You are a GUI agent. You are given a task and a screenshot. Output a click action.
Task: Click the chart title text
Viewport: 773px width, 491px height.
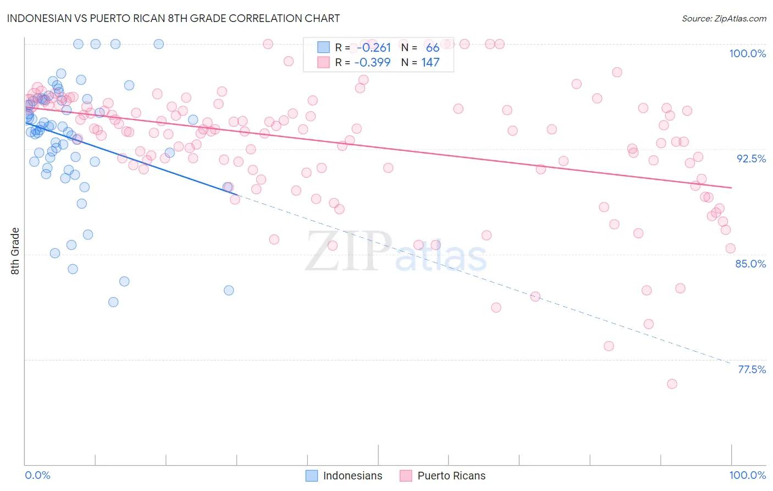pyautogui.click(x=173, y=18)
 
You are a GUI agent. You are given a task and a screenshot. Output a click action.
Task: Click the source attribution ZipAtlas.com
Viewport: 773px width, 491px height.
pyautogui.click(x=724, y=18)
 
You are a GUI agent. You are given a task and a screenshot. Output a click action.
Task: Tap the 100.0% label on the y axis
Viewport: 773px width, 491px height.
pyautogui.click(x=747, y=53)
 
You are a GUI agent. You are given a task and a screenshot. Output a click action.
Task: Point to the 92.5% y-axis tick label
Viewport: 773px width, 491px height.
pyautogui.click(x=751, y=159)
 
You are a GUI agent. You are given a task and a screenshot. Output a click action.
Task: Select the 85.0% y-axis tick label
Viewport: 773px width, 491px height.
pyautogui.click(x=750, y=264)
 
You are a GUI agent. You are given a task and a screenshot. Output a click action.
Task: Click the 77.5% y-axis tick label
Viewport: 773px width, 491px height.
pyautogui.click(x=752, y=369)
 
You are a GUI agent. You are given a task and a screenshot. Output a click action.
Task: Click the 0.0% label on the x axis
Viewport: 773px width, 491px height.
pyautogui.click(x=37, y=475)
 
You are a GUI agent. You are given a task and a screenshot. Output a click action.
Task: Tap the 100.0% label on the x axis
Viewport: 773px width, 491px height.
pyautogui.click(x=747, y=475)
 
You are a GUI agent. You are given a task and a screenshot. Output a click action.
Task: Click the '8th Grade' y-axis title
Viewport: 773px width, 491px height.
pyautogui.click(x=15, y=251)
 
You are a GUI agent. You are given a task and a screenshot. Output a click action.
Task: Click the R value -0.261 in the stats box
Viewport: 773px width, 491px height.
pyautogui.click(x=373, y=48)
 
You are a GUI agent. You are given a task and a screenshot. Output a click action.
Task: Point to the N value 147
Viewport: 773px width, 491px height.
pyautogui.click(x=430, y=63)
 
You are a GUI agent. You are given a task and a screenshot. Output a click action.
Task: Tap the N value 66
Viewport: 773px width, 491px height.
pyautogui.click(x=433, y=48)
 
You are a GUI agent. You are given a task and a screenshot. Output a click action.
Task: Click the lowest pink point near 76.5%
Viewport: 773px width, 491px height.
pyautogui.click(x=672, y=384)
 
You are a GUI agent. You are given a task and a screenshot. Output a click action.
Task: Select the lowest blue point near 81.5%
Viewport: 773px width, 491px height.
pyautogui.click(x=113, y=302)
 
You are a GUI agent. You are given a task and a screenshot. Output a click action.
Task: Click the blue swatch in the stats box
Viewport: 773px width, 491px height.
pyautogui.click(x=323, y=48)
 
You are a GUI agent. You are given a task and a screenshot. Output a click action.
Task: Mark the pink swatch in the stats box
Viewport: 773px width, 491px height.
pyautogui.click(x=323, y=63)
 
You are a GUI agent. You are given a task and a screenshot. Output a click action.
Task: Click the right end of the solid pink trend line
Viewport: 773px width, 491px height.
pyautogui.click(x=731, y=188)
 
